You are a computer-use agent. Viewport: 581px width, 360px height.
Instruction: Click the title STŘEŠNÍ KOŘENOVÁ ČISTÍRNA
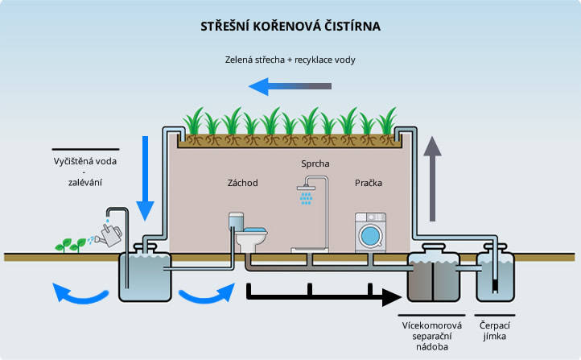tap(290, 26)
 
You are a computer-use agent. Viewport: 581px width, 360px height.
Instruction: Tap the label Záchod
tap(242, 183)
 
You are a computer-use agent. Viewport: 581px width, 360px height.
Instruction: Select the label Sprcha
tap(315, 164)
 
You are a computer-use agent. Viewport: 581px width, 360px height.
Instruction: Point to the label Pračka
tap(369, 183)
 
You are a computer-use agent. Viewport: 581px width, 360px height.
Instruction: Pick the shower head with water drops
tap(305, 193)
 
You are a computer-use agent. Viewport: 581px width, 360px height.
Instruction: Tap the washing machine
tap(370, 234)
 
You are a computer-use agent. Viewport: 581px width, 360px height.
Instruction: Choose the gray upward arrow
tap(433, 178)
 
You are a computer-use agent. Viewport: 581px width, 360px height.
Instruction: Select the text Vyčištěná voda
tap(84, 160)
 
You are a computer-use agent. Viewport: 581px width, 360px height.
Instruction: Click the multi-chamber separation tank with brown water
tap(433, 276)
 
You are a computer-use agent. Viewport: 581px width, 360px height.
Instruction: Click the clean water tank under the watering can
tap(145, 275)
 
